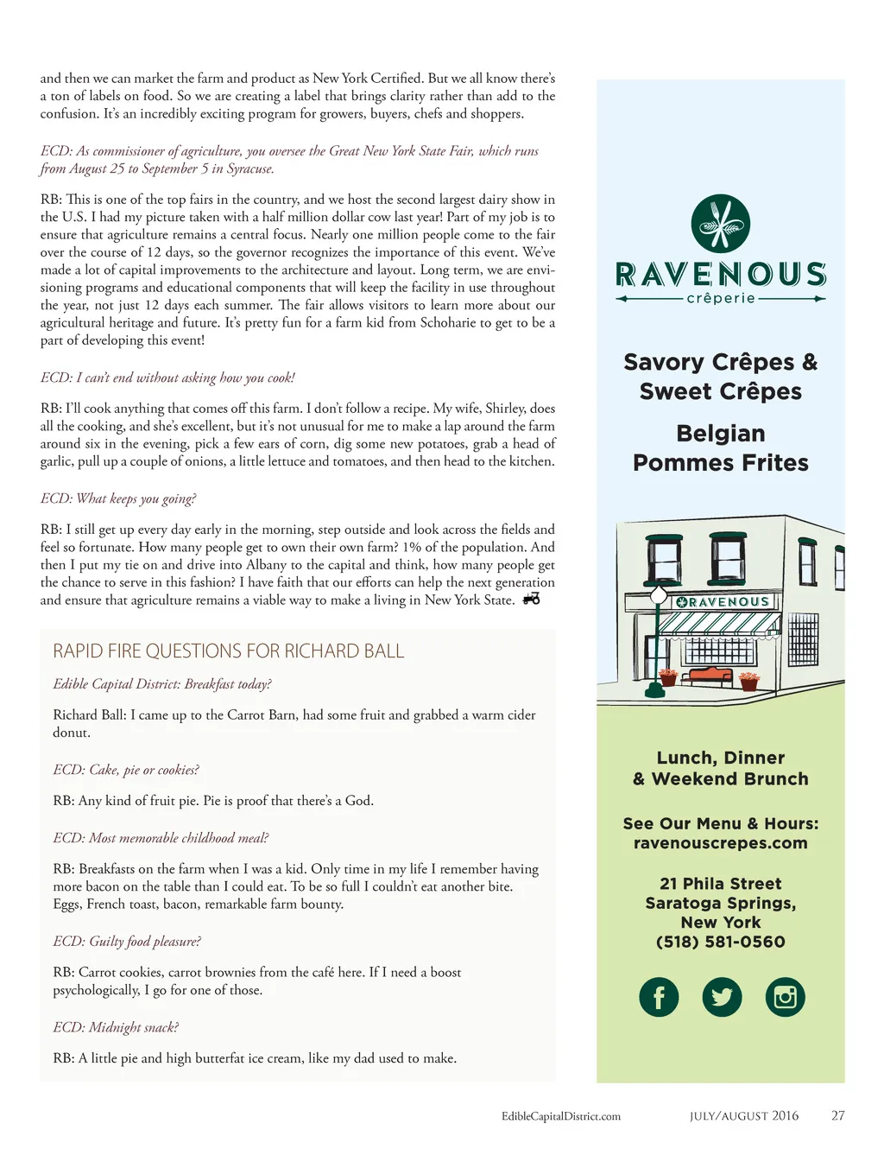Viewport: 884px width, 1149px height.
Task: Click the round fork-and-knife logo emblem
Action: (x=720, y=224)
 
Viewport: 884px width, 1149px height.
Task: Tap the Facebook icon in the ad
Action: (x=659, y=997)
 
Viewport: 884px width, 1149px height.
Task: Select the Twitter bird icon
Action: (x=722, y=997)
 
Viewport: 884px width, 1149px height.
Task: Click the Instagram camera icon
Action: (x=785, y=997)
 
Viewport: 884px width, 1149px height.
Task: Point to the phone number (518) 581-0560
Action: (x=720, y=942)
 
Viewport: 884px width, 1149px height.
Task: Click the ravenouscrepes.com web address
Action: (x=720, y=843)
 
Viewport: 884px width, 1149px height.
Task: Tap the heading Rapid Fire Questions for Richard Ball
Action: (x=228, y=651)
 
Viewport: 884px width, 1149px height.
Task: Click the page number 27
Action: (x=837, y=1116)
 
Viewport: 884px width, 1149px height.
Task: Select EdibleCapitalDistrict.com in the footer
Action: (x=561, y=1116)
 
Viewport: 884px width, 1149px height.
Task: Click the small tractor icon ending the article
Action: (x=532, y=599)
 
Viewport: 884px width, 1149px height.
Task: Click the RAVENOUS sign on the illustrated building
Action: (x=723, y=602)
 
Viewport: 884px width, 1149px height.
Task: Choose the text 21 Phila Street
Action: (x=720, y=884)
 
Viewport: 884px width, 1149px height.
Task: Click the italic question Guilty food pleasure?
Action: (x=127, y=942)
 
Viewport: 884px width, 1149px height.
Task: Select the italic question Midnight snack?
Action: (x=116, y=1027)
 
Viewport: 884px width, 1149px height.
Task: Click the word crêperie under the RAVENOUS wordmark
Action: (x=720, y=299)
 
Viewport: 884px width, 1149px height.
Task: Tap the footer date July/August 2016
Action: (x=744, y=1116)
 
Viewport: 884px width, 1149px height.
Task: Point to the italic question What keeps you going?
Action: (x=118, y=498)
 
